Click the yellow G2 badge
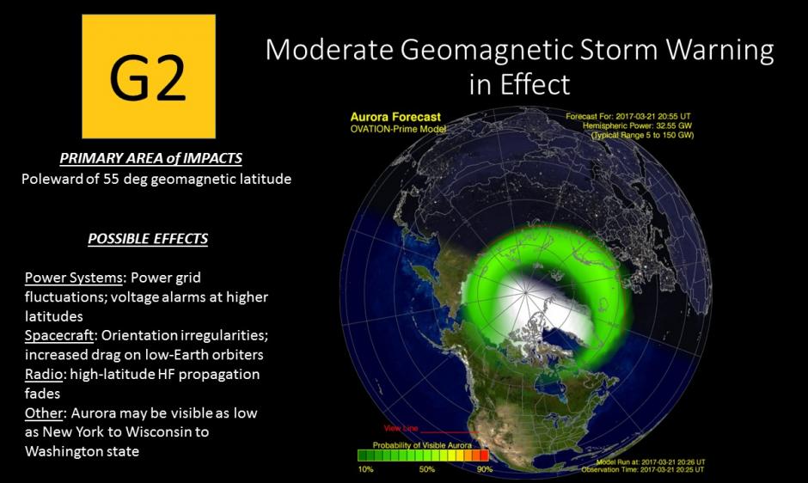(x=149, y=76)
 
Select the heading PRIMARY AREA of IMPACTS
(x=150, y=158)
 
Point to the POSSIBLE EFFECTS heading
(x=148, y=239)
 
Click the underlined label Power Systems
(x=74, y=278)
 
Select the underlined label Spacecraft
(x=59, y=335)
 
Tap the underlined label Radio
(x=43, y=374)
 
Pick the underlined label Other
(x=43, y=413)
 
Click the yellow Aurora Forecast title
(x=395, y=117)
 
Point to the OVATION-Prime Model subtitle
(x=398, y=129)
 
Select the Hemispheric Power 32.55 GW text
(x=637, y=125)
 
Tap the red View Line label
(x=401, y=428)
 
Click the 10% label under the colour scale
(x=365, y=469)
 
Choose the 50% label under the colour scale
(x=426, y=469)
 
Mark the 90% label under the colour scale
(x=485, y=469)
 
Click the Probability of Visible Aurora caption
(x=422, y=445)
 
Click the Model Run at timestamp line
(x=651, y=462)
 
